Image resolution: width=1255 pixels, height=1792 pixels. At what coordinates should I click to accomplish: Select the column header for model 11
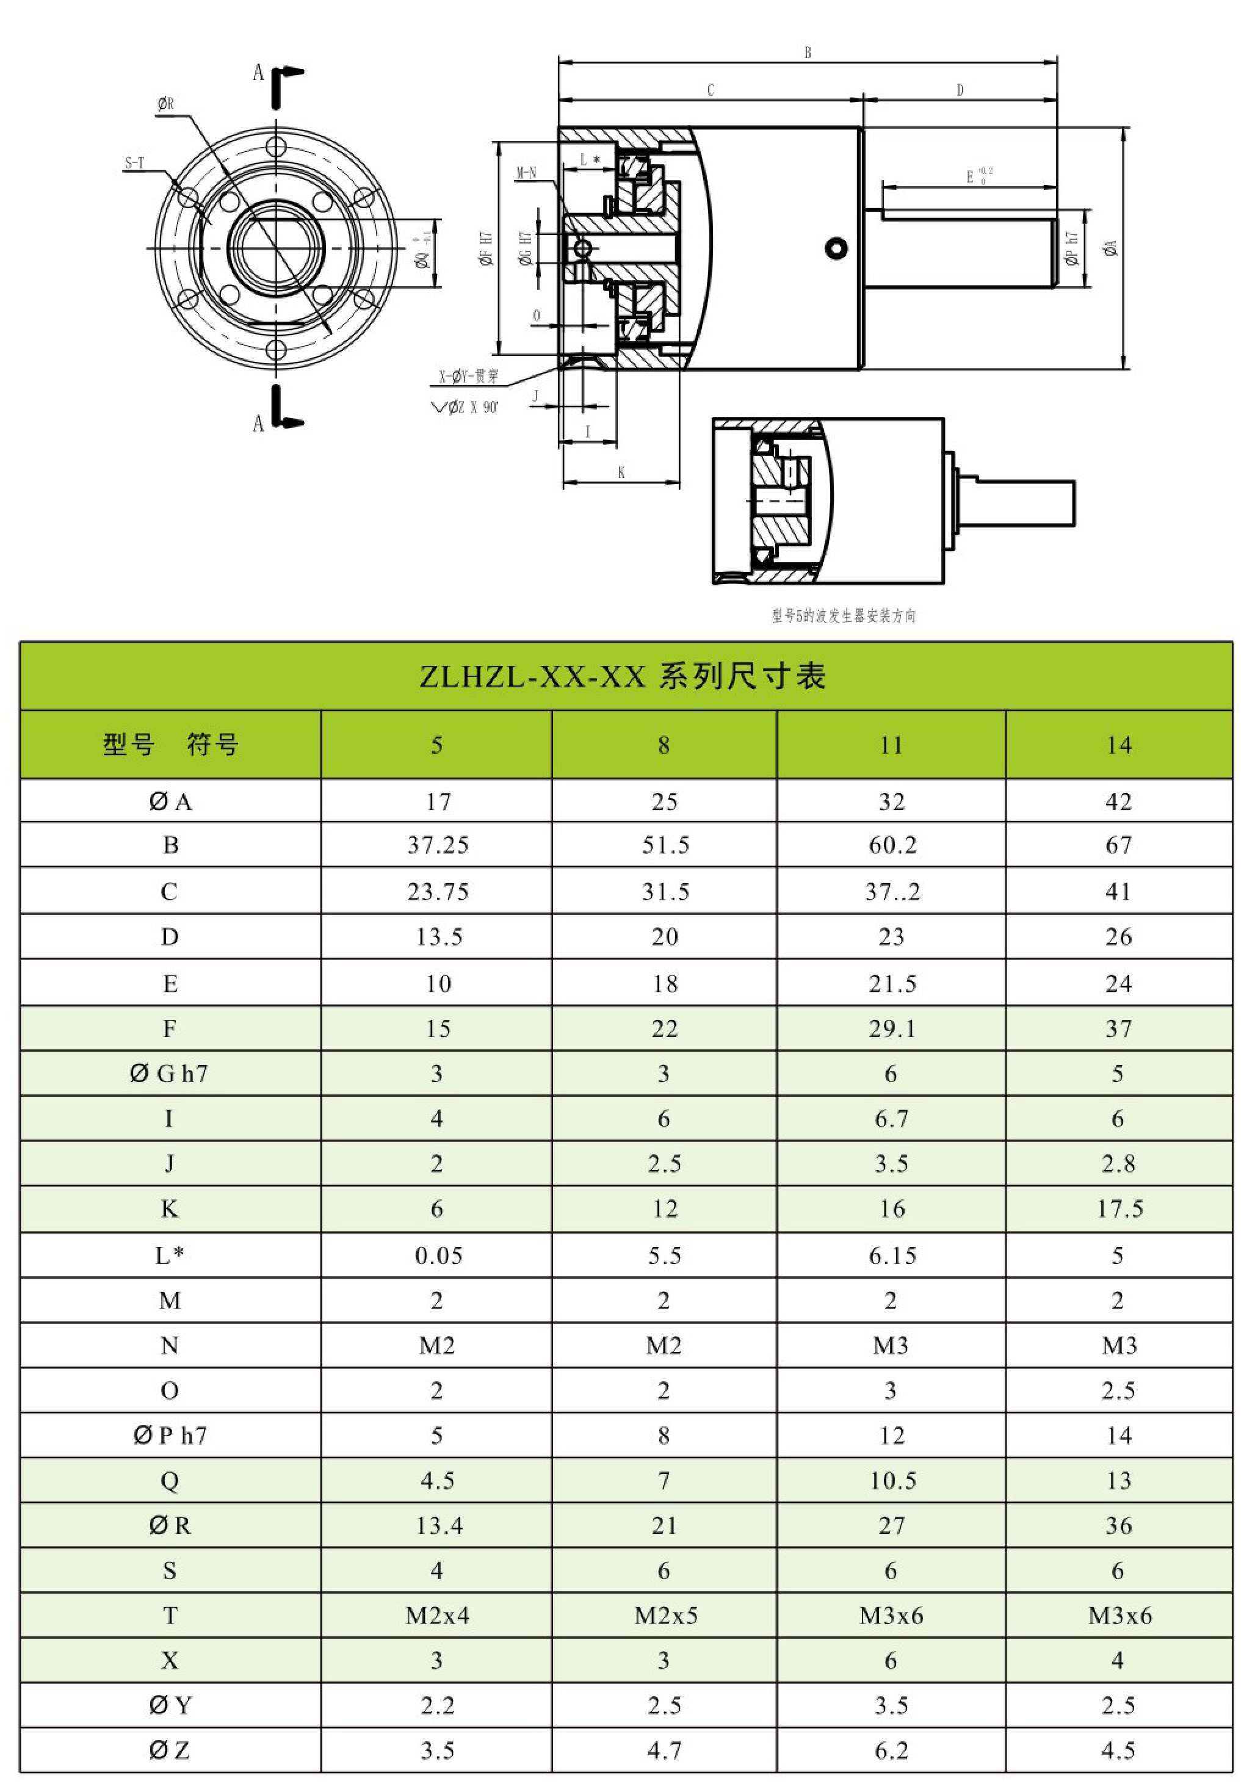pos(891,745)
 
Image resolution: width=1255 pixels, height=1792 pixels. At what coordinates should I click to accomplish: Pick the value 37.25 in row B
pos(438,845)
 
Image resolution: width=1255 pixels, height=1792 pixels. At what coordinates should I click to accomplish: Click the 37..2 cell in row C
pos(892,891)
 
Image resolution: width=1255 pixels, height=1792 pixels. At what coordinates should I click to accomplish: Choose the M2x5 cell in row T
pos(665,1616)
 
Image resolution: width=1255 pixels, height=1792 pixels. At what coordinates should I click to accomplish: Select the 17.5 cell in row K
pos(1119,1209)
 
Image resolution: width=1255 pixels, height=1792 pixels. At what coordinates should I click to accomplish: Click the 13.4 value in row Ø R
pos(439,1525)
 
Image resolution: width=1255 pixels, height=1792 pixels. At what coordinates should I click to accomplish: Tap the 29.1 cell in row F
pos(892,1028)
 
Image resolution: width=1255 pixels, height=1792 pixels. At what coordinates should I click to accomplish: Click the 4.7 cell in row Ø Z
pos(665,1750)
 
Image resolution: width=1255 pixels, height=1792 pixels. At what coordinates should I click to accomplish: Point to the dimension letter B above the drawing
pos(808,52)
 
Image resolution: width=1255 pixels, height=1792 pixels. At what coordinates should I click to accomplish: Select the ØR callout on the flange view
pos(165,104)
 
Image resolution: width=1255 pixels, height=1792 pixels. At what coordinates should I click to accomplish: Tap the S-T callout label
pos(134,163)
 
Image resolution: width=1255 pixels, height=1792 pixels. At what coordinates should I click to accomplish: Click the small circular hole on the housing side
pos(836,249)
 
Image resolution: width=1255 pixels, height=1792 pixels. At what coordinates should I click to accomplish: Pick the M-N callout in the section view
pos(526,173)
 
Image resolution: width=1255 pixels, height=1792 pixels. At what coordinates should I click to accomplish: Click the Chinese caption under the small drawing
pos(843,616)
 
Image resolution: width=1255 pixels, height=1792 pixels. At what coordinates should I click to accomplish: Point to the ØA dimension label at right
pos(1110,248)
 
